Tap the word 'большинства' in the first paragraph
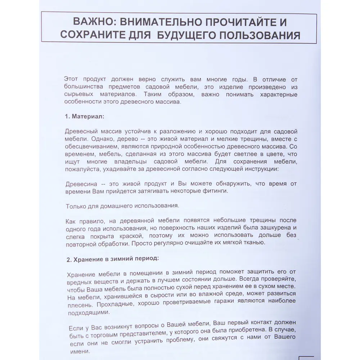pos(84,87)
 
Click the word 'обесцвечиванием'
pos(89,147)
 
